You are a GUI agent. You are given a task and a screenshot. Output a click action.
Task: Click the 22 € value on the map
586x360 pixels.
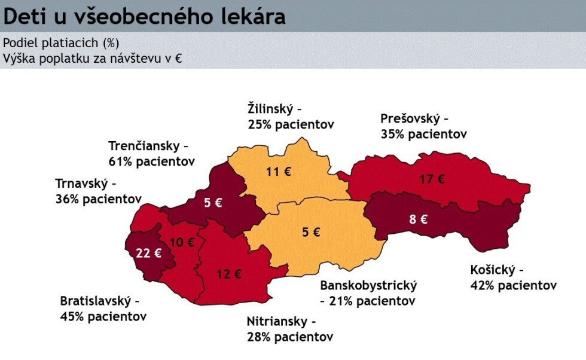pos(148,253)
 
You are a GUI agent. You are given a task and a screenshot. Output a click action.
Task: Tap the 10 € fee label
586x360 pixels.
pos(182,242)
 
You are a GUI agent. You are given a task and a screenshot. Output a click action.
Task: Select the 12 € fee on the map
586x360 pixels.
pos(229,274)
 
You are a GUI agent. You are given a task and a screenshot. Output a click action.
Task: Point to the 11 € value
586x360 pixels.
pos(279,172)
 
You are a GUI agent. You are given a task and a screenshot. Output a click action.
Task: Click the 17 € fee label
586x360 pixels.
pos(432,178)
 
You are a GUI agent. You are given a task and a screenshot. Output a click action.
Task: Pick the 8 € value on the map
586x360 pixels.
pos(418,219)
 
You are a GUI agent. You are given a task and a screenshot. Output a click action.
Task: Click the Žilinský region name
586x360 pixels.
pos(270,109)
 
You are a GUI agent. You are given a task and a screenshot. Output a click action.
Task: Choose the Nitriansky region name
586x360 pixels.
pos(277,322)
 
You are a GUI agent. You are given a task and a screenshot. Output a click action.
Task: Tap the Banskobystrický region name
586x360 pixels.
pos(368,285)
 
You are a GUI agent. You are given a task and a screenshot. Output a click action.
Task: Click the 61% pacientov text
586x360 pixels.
pos(151,161)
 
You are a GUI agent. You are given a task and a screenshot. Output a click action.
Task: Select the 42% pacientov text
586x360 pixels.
pos(513,285)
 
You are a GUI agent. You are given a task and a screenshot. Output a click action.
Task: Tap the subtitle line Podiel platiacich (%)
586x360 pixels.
pos(61,43)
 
